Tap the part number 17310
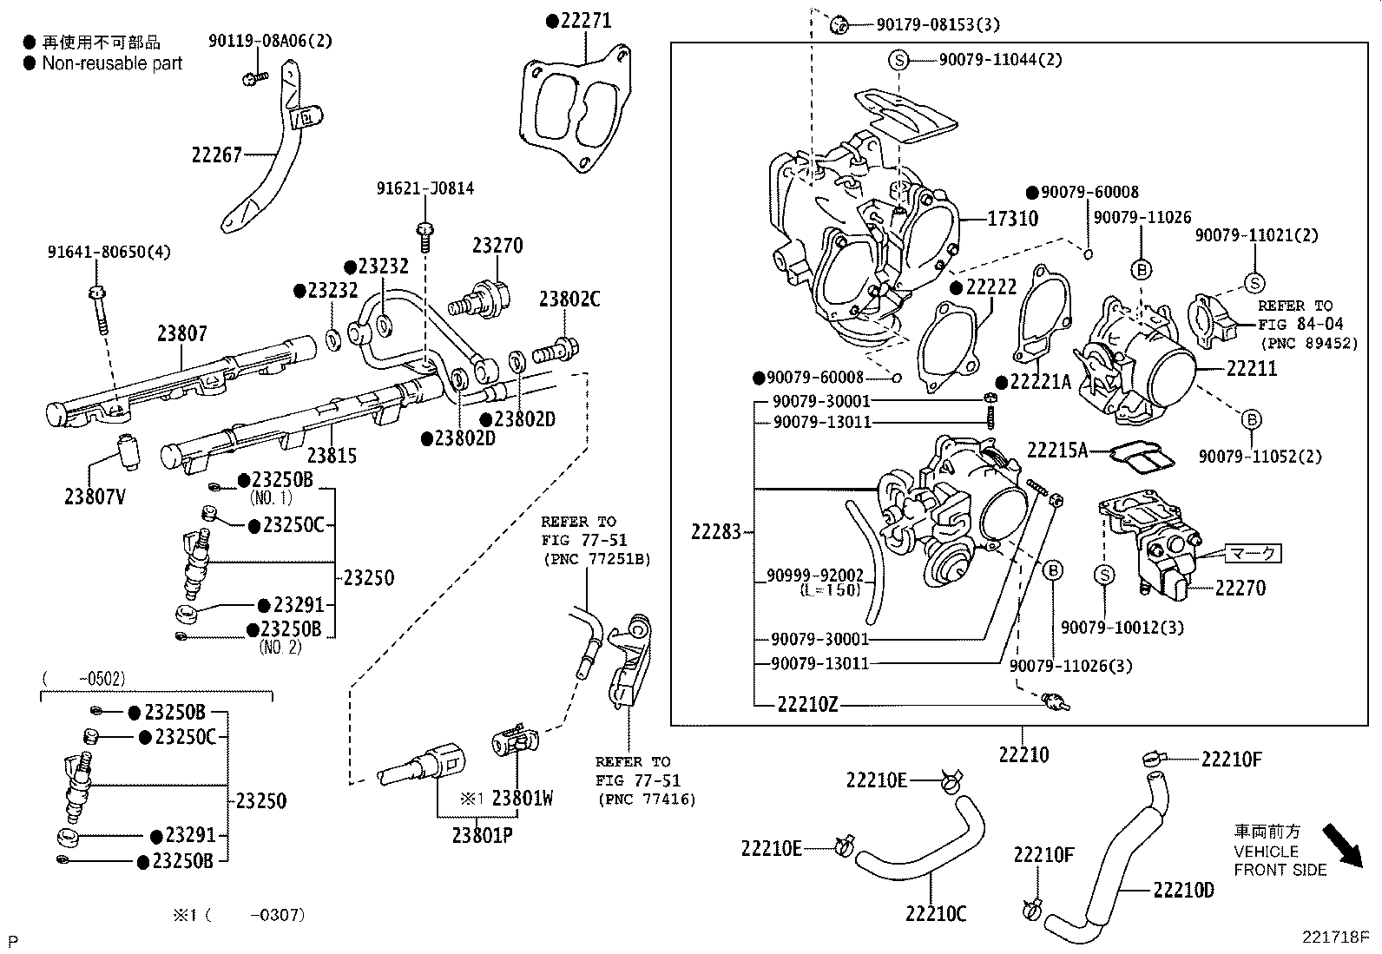tap(1012, 219)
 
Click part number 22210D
tap(1183, 890)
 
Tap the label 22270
tap(1240, 588)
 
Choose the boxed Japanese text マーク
tap(1254, 553)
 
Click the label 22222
tap(990, 287)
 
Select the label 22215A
tap(1056, 450)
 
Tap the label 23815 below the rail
tap(332, 455)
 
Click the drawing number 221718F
tap(1333, 938)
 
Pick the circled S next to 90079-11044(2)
tap(898, 60)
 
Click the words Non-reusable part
tap(112, 63)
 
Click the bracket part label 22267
tap(216, 155)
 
